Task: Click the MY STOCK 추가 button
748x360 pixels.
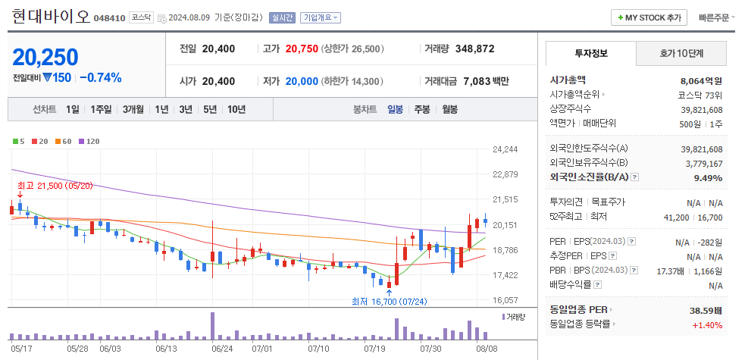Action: coord(649,17)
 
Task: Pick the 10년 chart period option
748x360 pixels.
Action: coord(236,109)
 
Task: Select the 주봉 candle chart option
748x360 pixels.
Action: coord(422,109)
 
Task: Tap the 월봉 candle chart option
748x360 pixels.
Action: coord(449,109)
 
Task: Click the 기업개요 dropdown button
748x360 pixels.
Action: coord(321,17)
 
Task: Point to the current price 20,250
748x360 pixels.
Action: coord(45,58)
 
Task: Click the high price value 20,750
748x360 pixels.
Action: coord(302,49)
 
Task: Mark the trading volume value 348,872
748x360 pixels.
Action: coord(474,49)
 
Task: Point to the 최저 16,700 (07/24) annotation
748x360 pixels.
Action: coord(390,301)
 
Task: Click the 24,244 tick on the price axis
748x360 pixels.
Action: coord(505,149)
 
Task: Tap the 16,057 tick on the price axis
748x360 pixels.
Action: coord(505,300)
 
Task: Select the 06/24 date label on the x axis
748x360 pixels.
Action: coord(222,349)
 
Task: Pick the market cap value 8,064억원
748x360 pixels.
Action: coord(701,80)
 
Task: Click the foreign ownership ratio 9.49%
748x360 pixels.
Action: coord(708,178)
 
